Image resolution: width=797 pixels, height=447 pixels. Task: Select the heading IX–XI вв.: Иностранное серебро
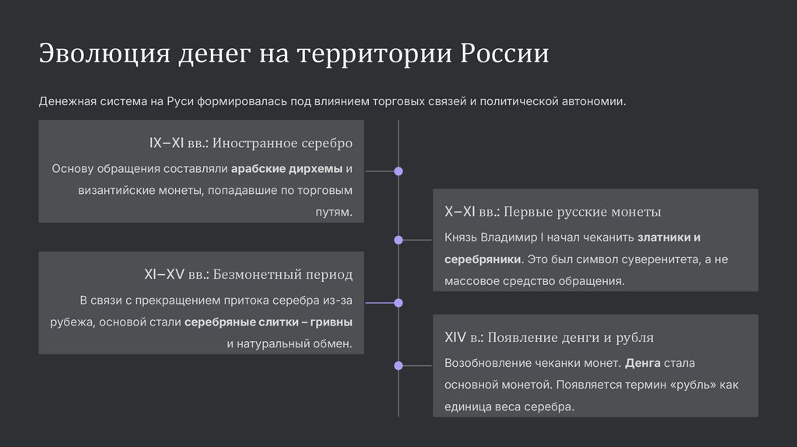pos(251,143)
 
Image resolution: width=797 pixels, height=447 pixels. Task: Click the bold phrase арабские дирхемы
pos(286,169)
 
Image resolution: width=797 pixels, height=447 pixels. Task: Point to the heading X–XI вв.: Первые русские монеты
pos(553,212)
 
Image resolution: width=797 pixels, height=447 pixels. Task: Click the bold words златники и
pos(669,238)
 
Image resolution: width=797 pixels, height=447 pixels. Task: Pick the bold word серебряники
pos(482,259)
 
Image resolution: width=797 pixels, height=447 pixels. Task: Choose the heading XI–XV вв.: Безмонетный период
pos(248,274)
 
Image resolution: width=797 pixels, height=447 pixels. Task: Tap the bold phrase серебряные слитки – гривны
pos(269,322)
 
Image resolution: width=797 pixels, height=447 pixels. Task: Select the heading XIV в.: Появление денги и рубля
pos(549,337)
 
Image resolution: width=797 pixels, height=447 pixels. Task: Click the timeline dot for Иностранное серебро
pos(398,171)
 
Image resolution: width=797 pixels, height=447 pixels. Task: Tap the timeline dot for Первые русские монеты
pos(398,240)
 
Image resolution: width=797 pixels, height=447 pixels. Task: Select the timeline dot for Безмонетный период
pos(398,302)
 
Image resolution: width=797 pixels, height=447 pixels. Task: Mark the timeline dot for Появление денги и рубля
pos(398,364)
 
